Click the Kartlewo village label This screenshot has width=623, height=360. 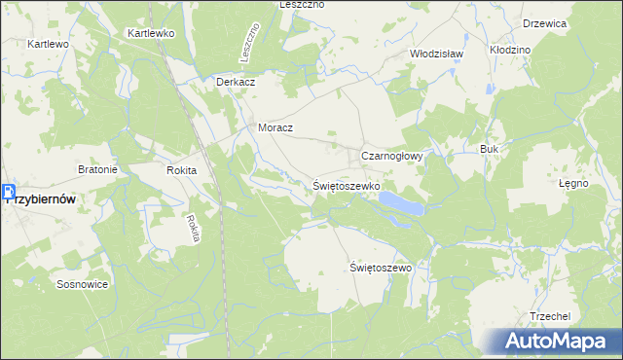(x=48, y=45)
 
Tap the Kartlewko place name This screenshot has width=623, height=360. (x=150, y=33)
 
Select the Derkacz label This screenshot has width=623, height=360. (x=236, y=83)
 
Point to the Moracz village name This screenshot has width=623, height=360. (x=275, y=127)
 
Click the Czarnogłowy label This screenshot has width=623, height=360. (x=390, y=156)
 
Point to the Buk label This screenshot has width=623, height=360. (x=489, y=149)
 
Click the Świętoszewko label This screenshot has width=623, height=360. (x=347, y=184)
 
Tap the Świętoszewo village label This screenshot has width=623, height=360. (x=381, y=267)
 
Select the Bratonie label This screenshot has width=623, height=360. (x=97, y=169)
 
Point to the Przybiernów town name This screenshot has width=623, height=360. (x=43, y=198)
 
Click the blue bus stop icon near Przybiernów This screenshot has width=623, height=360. (x=8, y=193)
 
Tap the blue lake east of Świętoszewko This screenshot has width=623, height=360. (x=401, y=202)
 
